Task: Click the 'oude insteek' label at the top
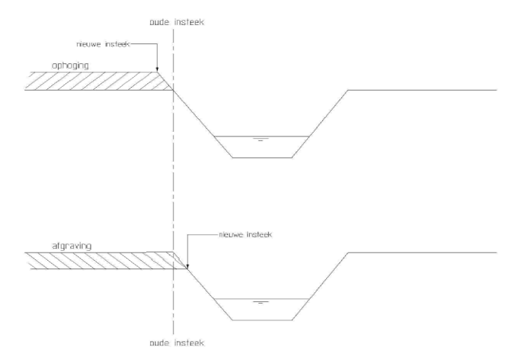pos(177,22)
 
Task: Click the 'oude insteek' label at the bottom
pos(177,342)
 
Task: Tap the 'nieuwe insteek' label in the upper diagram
pos(103,44)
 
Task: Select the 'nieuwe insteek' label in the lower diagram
pos(245,234)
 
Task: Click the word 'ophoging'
pos(70,66)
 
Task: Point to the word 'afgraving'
pos(72,246)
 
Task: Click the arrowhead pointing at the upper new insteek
pos(157,69)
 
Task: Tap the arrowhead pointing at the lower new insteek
pos(187,266)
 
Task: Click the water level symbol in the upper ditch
pos(261,140)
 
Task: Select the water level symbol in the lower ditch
pos(261,302)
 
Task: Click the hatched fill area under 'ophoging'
pos(98,81)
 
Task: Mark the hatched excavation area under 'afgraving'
pos(104,261)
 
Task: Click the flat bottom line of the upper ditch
pos(262,158)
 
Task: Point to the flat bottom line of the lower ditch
pos(262,320)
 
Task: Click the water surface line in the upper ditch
pos(261,136)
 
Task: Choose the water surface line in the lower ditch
pos(261,298)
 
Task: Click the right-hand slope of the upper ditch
pos(320,124)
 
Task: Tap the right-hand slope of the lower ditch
pos(320,286)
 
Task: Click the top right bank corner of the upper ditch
pos(348,90)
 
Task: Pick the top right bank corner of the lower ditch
pos(348,252)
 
